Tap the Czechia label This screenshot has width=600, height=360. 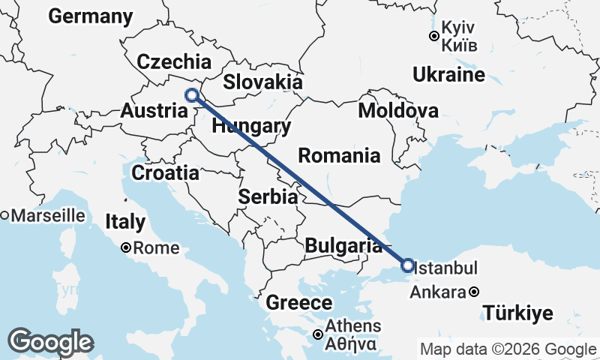[x=174, y=61]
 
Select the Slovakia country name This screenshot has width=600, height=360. [x=262, y=82]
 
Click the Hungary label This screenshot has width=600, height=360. [x=250, y=127]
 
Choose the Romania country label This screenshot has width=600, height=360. [x=339, y=156]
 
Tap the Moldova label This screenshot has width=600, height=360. [x=398, y=111]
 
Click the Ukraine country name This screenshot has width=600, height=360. [x=448, y=75]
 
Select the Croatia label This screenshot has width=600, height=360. [x=165, y=173]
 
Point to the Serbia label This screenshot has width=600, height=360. [x=268, y=197]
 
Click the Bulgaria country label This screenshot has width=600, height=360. [x=344, y=245]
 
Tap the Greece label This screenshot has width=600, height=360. [x=299, y=303]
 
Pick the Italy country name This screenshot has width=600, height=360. [x=125, y=222]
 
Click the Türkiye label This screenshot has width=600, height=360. [x=517, y=313]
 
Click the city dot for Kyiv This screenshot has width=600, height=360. [x=433, y=36]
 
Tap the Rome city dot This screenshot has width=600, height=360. [x=126, y=247]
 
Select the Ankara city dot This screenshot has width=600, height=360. [x=475, y=292]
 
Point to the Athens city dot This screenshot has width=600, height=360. [x=319, y=334]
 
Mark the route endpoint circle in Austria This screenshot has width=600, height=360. [x=192, y=95]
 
